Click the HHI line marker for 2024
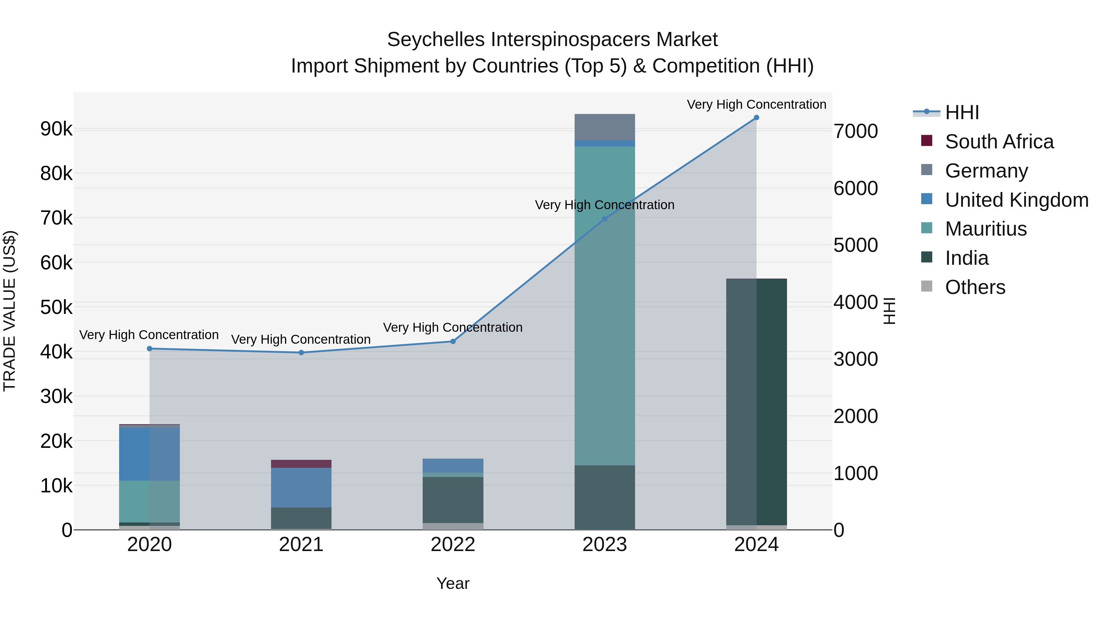(x=756, y=118)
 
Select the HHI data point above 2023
(x=605, y=219)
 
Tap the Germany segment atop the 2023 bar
(x=605, y=127)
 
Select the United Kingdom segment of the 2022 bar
(x=453, y=466)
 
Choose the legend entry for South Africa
(x=999, y=142)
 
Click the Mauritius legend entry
(x=986, y=229)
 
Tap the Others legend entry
(x=975, y=287)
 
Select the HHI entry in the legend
(x=962, y=112)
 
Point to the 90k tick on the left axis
(x=56, y=129)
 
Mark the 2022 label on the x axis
(x=453, y=545)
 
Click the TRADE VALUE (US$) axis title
(x=10, y=311)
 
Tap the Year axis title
(x=453, y=583)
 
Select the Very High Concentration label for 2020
(x=149, y=335)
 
